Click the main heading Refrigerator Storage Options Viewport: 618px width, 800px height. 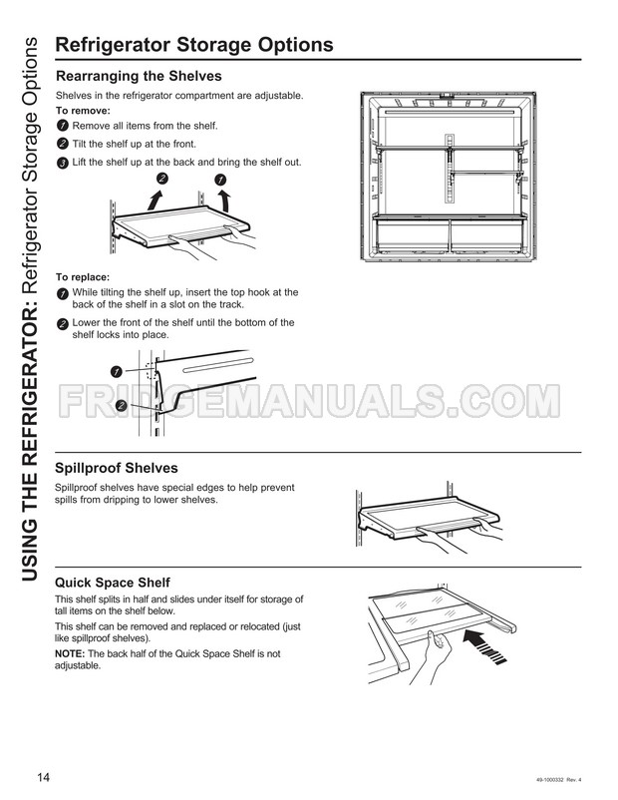point(193,45)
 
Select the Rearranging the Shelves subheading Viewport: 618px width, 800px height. point(139,76)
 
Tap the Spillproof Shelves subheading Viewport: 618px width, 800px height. point(117,468)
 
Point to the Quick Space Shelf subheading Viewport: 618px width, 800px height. point(112,582)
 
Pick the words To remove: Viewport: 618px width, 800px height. point(83,111)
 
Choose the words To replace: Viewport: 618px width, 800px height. point(83,276)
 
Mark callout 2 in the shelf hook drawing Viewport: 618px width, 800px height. point(121,405)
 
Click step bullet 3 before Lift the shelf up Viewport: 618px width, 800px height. point(63,163)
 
